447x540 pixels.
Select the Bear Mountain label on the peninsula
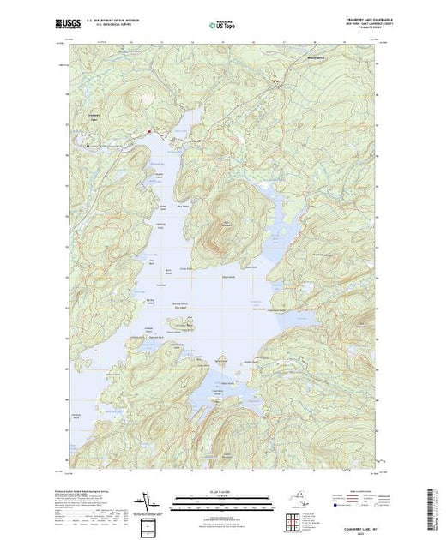coord(227,225)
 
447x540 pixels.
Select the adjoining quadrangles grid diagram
coord(294,519)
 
